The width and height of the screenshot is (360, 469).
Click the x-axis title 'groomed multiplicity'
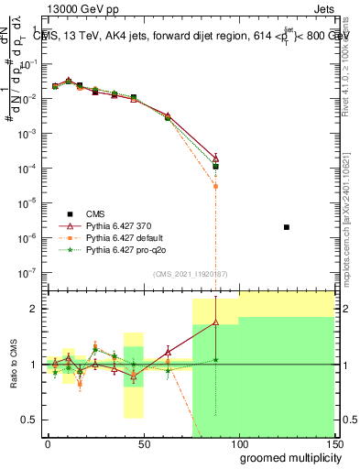tap(287, 456)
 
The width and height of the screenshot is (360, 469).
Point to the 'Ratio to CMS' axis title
tap(11, 365)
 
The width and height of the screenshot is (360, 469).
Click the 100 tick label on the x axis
tap(239, 442)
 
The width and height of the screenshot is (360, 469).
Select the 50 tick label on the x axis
tap(143, 442)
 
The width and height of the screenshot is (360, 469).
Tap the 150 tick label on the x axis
tap(334, 442)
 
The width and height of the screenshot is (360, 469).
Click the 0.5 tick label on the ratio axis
tap(29, 420)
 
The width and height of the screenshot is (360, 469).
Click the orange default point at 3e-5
tap(215, 186)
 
